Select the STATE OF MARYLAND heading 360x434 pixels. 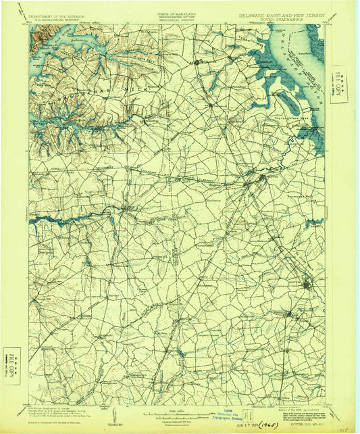click(176, 13)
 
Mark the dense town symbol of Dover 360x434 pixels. click(307, 284)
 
